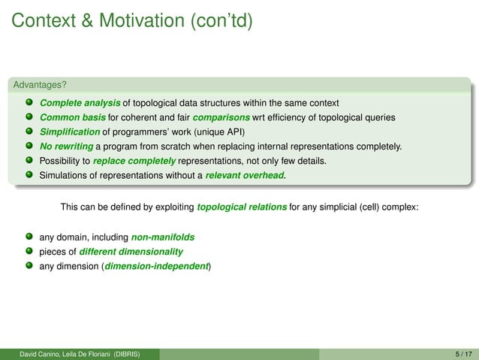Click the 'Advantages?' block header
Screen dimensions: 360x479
38,83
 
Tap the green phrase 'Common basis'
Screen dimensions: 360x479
72,116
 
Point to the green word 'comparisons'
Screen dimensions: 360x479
224,116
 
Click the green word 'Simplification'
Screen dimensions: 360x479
70,132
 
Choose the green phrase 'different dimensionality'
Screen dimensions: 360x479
131,251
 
